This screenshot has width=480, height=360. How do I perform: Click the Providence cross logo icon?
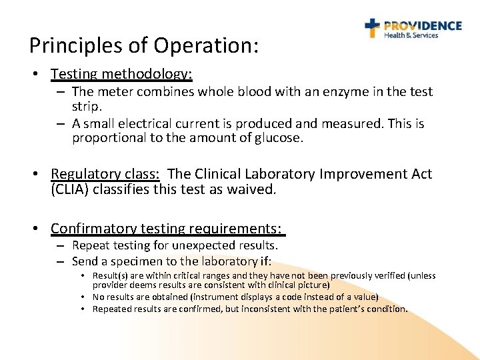[x=372, y=28]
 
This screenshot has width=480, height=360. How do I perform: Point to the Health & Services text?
[x=411, y=36]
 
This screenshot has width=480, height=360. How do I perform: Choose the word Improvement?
[x=361, y=174]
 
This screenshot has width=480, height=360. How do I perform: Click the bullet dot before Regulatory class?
[x=39, y=175]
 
